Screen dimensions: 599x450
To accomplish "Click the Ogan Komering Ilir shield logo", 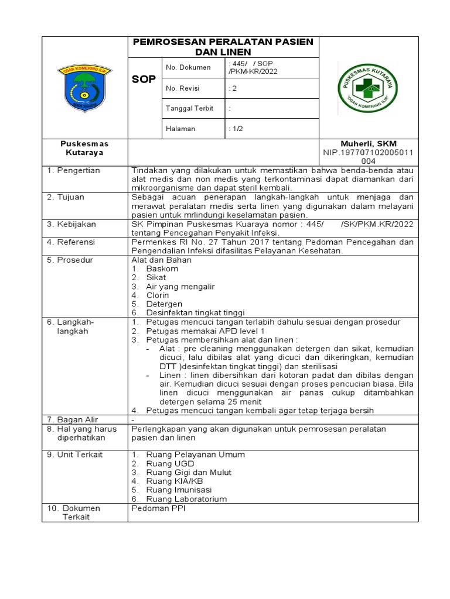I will [x=84, y=88].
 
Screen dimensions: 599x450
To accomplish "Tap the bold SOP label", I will [x=144, y=79].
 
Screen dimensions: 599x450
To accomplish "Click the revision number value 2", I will [x=232, y=89].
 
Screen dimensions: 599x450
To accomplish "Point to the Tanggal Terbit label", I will [x=189, y=109].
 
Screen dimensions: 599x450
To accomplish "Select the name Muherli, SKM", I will [x=369, y=144].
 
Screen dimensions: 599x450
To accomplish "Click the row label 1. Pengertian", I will [x=73, y=171].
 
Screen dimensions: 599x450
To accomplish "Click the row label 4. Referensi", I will [x=71, y=242].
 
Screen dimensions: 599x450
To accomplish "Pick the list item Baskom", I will [x=162, y=269].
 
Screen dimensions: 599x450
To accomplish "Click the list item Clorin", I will [x=158, y=295].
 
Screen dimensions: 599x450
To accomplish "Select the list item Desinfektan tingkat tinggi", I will [x=195, y=313].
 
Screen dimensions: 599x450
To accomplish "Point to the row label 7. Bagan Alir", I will [x=73, y=419].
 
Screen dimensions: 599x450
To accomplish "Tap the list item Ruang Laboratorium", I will [x=186, y=499].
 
